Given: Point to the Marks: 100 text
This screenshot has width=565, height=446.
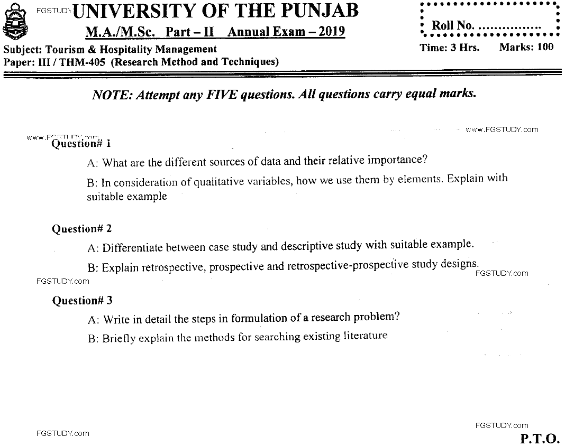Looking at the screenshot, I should click(x=526, y=47).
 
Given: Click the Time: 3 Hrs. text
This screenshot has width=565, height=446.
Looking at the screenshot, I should click(x=450, y=47).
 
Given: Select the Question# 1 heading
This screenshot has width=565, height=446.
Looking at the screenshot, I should click(x=81, y=143).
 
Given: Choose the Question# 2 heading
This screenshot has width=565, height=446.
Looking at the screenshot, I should click(x=82, y=229).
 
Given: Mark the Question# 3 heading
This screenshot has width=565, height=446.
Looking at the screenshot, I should click(x=82, y=301).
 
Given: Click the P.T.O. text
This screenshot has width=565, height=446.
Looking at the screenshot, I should click(x=540, y=438).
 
